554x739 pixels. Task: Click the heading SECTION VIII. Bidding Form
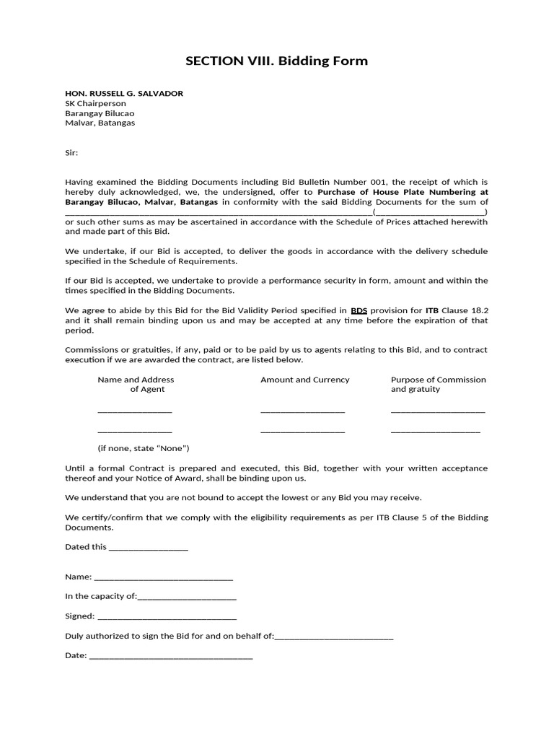(276, 61)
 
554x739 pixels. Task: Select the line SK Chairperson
(95, 103)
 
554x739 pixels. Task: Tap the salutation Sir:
(71, 153)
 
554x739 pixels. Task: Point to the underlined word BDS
(359, 310)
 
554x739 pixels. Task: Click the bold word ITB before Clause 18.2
(431, 310)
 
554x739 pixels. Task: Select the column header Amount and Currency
(304, 380)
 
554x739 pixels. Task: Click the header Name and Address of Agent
(136, 384)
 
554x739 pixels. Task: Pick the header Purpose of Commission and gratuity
(438, 384)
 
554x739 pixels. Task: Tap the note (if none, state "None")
(144, 448)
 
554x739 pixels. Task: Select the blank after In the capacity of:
(187, 598)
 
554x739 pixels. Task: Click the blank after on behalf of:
(334, 637)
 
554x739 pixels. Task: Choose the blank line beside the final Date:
(170, 657)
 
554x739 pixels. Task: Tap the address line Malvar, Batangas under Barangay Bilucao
(100, 123)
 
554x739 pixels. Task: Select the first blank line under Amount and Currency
(302, 411)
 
